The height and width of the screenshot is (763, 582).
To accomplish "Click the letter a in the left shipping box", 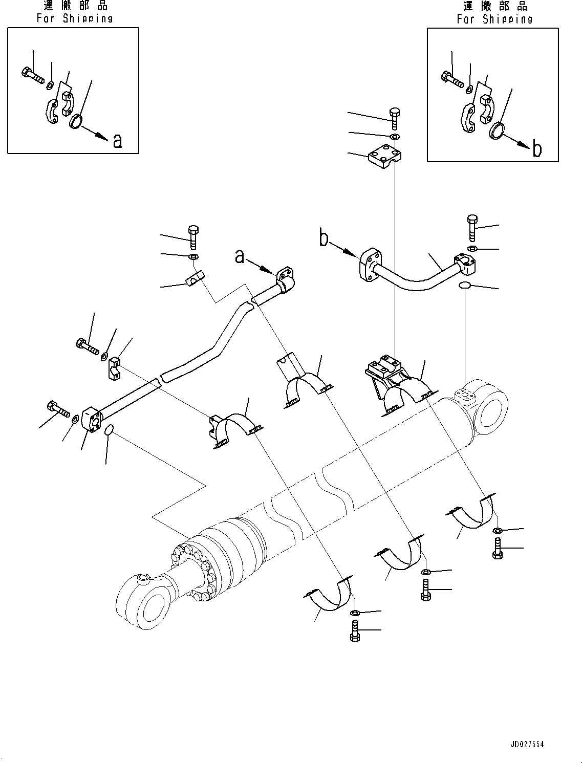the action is point(118,141).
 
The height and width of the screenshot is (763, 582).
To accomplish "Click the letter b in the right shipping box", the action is point(537,148).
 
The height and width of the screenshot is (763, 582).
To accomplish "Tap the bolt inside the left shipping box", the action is point(33,76).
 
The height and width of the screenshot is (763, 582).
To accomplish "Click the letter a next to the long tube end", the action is point(240,256).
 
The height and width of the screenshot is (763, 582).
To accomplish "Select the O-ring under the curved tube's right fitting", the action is point(464,286).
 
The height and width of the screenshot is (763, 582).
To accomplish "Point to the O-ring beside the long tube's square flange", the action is point(109,430).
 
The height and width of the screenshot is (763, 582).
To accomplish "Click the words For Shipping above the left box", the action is point(75,18).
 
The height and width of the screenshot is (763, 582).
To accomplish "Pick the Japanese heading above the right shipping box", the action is point(495,6).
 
